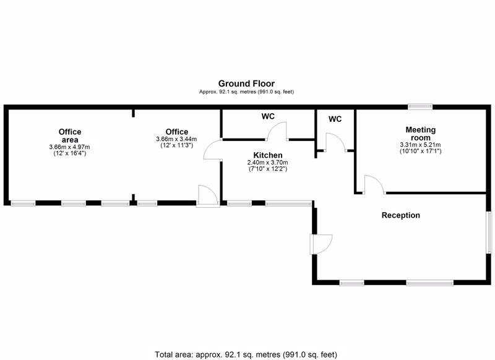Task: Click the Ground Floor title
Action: click(x=246, y=84)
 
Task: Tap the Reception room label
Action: click(x=400, y=215)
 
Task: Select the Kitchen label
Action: click(x=268, y=155)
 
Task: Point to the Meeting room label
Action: click(x=421, y=134)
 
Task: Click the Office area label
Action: click(x=70, y=135)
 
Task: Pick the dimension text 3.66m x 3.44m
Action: click(x=176, y=139)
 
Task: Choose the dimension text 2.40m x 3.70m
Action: click(x=267, y=163)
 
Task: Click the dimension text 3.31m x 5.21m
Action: click(x=420, y=145)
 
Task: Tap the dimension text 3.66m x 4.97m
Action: click(x=69, y=147)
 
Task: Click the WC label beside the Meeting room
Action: click(x=335, y=119)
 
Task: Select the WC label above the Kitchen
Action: click(x=268, y=116)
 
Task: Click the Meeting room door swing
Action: click(x=375, y=184)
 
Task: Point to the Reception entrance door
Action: click(x=321, y=244)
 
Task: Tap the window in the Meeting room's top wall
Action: click(x=420, y=106)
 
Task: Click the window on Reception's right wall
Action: click(x=489, y=232)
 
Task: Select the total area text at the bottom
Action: click(x=246, y=354)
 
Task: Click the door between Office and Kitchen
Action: click(x=213, y=149)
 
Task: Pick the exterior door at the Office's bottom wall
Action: click(x=208, y=196)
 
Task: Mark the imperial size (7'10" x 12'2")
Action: click(x=268, y=169)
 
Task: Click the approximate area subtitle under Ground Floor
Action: click(x=246, y=92)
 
